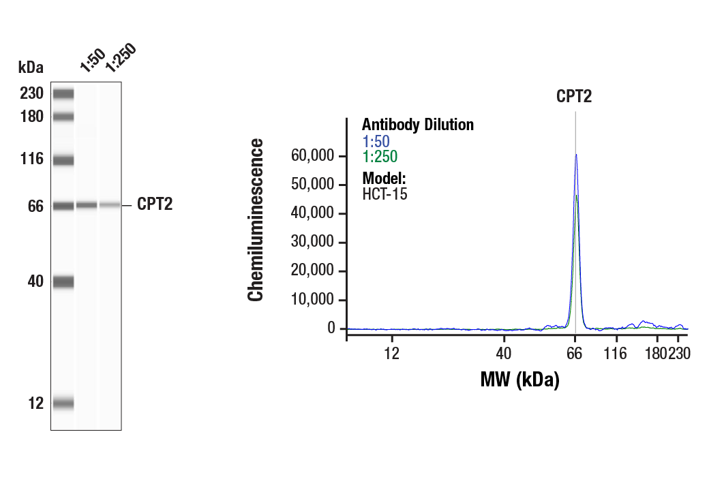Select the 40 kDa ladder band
tap(63, 281)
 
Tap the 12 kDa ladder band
tap(63, 403)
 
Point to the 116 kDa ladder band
tap(63, 161)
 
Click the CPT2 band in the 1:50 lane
tap(87, 204)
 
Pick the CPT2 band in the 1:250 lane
tap(110, 204)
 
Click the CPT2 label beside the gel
tap(155, 204)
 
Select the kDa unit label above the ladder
tap(31, 67)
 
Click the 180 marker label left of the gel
tap(31, 117)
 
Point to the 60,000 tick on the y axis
tap(313, 156)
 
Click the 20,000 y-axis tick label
tap(313, 271)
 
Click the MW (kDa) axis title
tap(519, 379)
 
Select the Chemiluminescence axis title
tap(256, 219)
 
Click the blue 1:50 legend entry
tap(375, 142)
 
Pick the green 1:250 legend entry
tap(379, 157)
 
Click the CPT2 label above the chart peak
tap(574, 96)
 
